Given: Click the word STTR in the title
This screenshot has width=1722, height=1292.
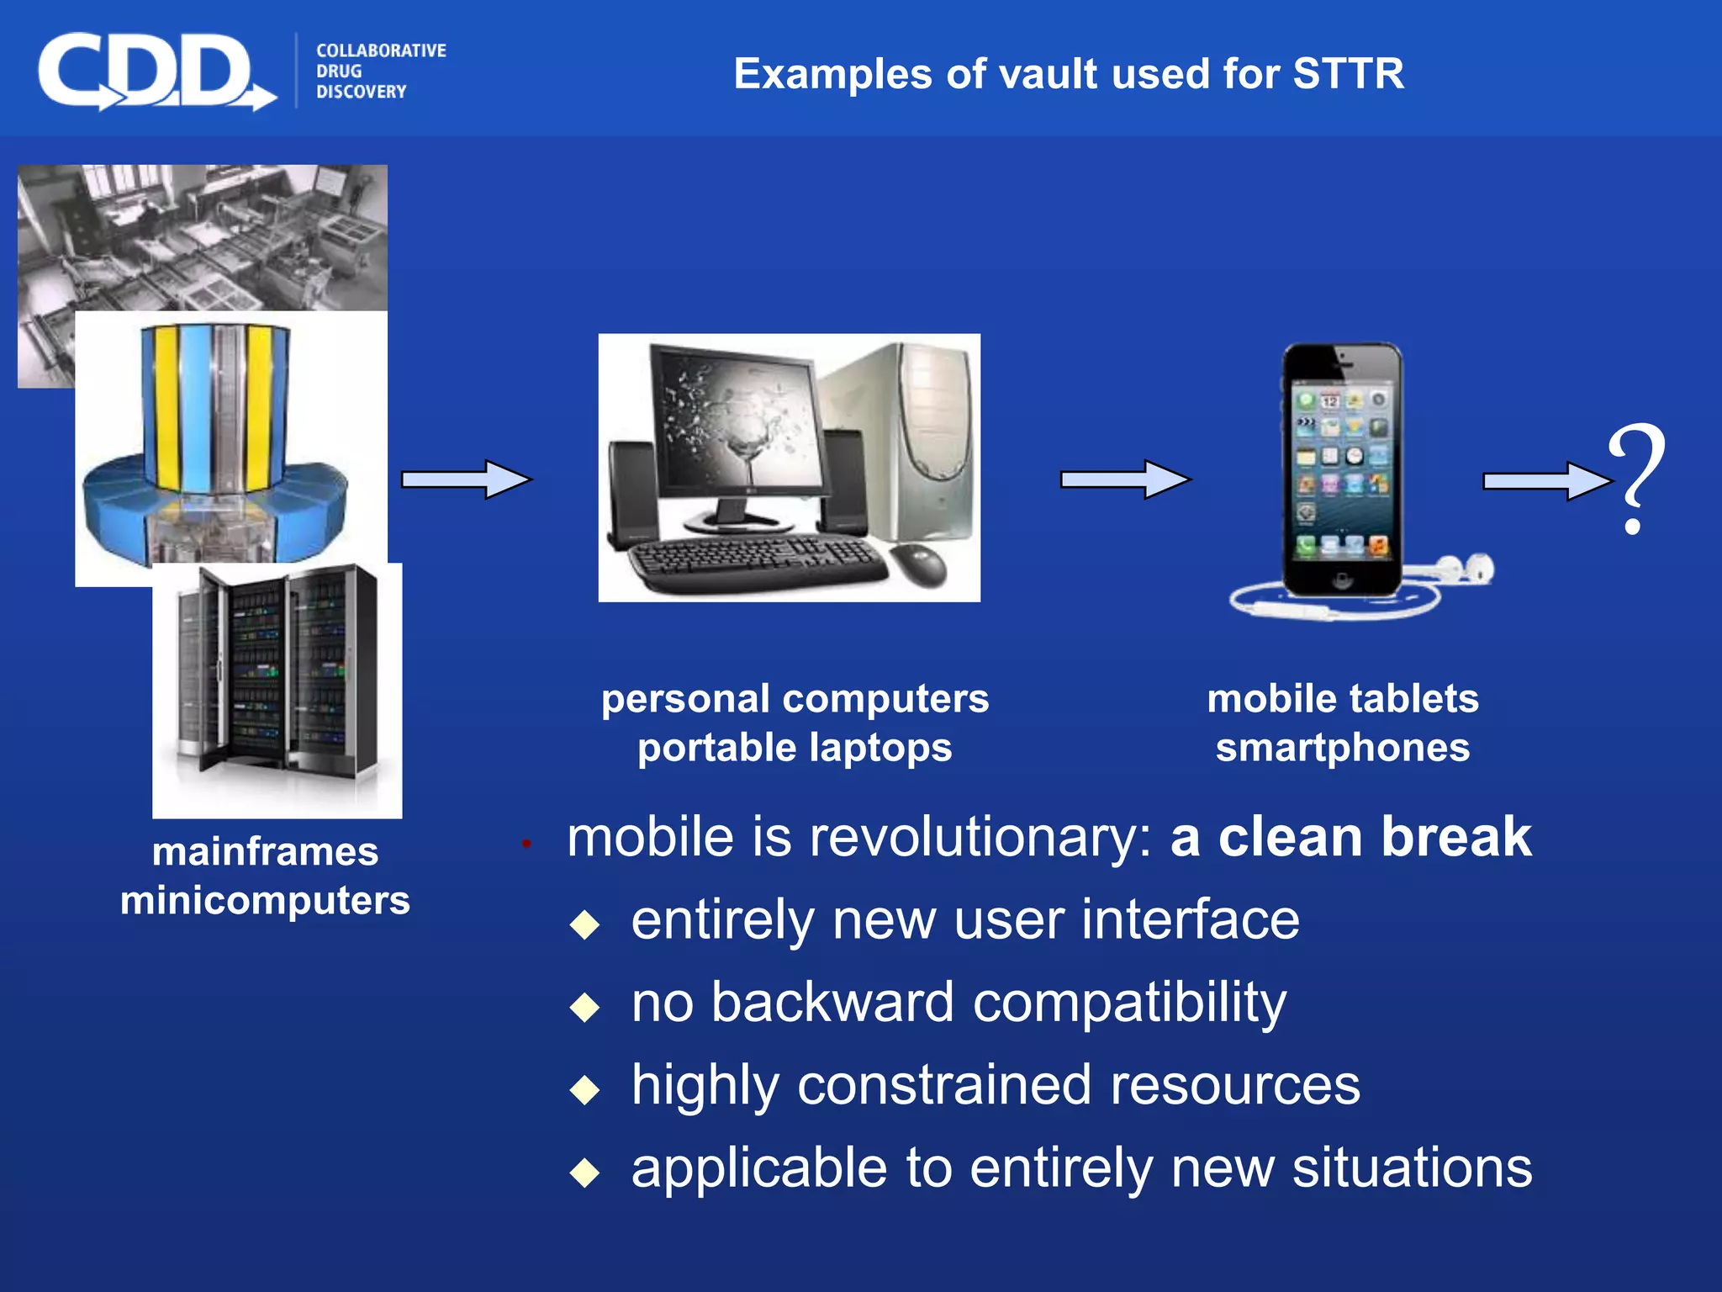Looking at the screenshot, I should (1348, 74).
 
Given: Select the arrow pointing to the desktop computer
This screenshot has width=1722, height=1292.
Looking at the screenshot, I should (467, 479).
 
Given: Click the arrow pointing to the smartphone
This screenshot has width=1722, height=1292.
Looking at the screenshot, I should (1125, 479).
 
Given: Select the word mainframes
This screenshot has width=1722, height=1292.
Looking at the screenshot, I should (265, 852).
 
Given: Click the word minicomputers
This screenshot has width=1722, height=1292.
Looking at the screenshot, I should (265, 901).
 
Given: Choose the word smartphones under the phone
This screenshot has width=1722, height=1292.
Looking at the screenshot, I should (1343, 748).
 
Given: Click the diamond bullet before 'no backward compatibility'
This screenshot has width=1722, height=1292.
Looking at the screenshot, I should (584, 1007).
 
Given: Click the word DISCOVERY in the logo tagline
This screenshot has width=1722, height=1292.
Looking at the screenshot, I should (361, 92).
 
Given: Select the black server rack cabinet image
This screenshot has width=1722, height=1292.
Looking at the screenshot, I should (277, 673).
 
